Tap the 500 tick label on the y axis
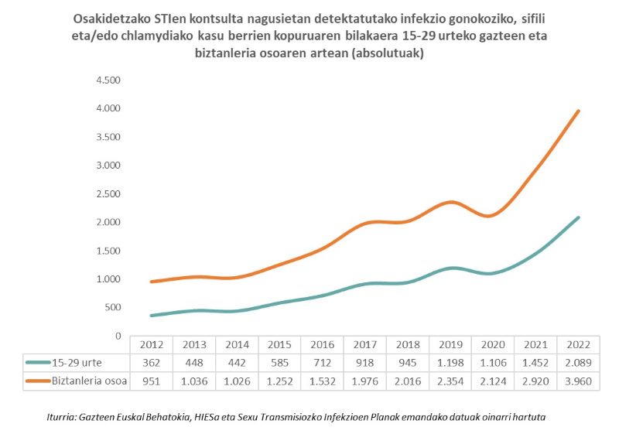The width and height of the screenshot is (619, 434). click(x=112, y=308)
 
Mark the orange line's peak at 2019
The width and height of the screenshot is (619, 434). click(x=450, y=202)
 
